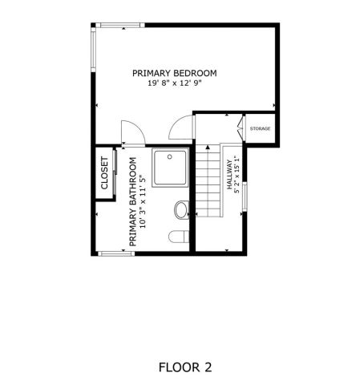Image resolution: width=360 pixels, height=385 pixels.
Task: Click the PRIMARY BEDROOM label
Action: coord(174,73)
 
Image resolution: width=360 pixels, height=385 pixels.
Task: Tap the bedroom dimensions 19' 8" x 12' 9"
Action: coord(174,83)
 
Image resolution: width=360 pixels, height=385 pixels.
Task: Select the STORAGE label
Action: coord(260,128)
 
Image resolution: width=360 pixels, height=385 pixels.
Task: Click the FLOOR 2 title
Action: coord(185,367)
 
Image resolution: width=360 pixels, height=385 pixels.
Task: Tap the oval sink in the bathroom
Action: coord(181,210)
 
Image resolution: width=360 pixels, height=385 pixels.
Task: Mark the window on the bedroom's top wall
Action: coord(119,26)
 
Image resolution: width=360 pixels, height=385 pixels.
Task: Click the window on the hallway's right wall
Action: coord(245,200)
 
